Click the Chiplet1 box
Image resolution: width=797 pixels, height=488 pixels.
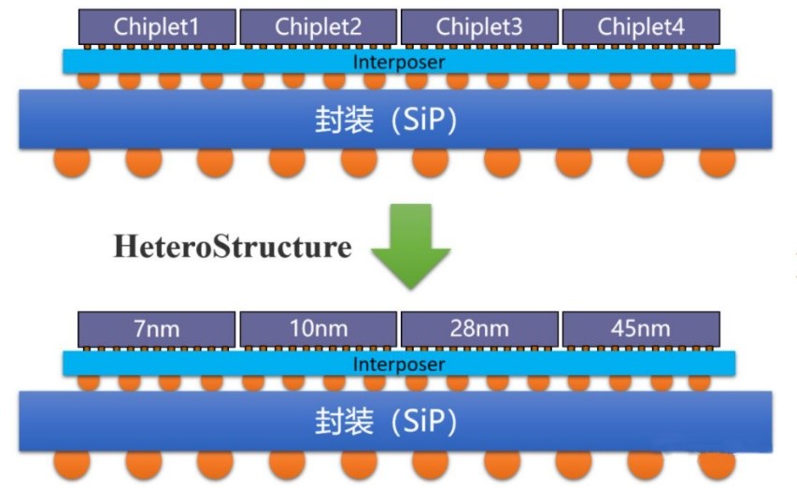(157, 27)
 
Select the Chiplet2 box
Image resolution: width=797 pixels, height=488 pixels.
(318, 27)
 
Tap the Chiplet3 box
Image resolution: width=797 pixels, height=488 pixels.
(479, 27)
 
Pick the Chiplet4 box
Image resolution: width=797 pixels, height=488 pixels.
(640, 27)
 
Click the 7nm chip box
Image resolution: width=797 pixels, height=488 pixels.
(157, 329)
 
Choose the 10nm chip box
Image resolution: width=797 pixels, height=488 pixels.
(318, 329)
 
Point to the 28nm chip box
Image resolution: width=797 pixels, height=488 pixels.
(479, 329)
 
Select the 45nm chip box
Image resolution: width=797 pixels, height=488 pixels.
(640, 329)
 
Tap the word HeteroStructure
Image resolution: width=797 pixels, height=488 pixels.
(233, 247)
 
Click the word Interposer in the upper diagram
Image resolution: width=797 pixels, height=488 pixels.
(399, 63)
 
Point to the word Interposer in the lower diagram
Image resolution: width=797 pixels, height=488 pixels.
(399, 364)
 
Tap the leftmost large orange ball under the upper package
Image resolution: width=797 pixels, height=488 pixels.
(71, 162)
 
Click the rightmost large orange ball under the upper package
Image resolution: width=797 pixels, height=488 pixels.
(717, 162)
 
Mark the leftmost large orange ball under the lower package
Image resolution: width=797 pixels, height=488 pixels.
(71, 464)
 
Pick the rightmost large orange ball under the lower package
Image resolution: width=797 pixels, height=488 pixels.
(717, 464)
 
